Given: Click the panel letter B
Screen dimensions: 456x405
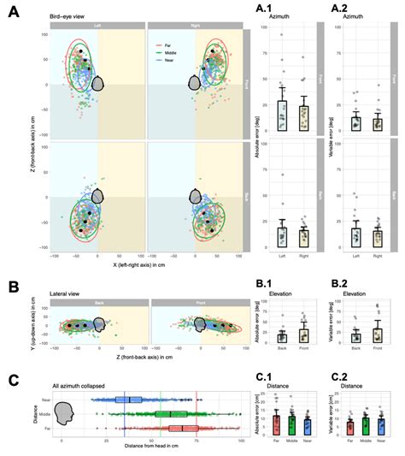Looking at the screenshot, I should coord(12,292).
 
